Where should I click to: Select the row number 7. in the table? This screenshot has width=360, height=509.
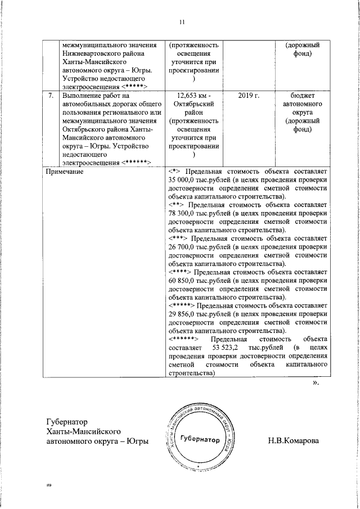(x=50, y=96)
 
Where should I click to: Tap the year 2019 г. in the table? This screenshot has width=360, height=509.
(x=248, y=96)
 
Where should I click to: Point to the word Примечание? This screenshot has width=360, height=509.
(x=64, y=170)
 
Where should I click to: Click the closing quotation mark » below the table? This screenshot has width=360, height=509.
(x=316, y=383)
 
